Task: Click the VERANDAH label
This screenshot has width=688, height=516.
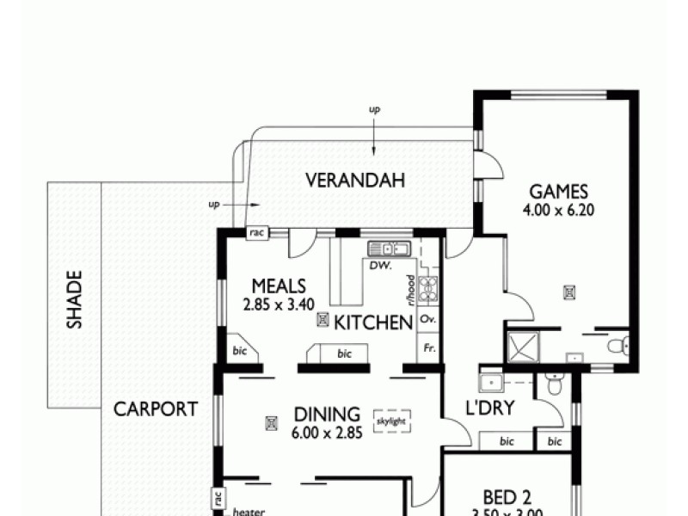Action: (x=356, y=181)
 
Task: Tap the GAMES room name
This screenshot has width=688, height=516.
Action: (x=558, y=192)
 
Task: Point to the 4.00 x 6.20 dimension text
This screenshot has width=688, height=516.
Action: (x=558, y=209)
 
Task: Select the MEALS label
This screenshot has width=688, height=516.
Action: (x=279, y=286)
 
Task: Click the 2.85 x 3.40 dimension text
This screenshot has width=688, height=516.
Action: (x=279, y=304)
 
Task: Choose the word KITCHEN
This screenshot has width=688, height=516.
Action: (x=373, y=323)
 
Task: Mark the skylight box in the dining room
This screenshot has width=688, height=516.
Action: (x=392, y=421)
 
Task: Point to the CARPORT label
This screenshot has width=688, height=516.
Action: (x=156, y=409)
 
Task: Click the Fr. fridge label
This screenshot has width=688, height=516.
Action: (x=427, y=350)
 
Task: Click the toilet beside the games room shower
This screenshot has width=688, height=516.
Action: (x=617, y=347)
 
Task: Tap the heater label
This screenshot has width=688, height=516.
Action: (x=249, y=511)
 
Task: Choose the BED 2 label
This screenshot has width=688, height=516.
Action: (x=506, y=498)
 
